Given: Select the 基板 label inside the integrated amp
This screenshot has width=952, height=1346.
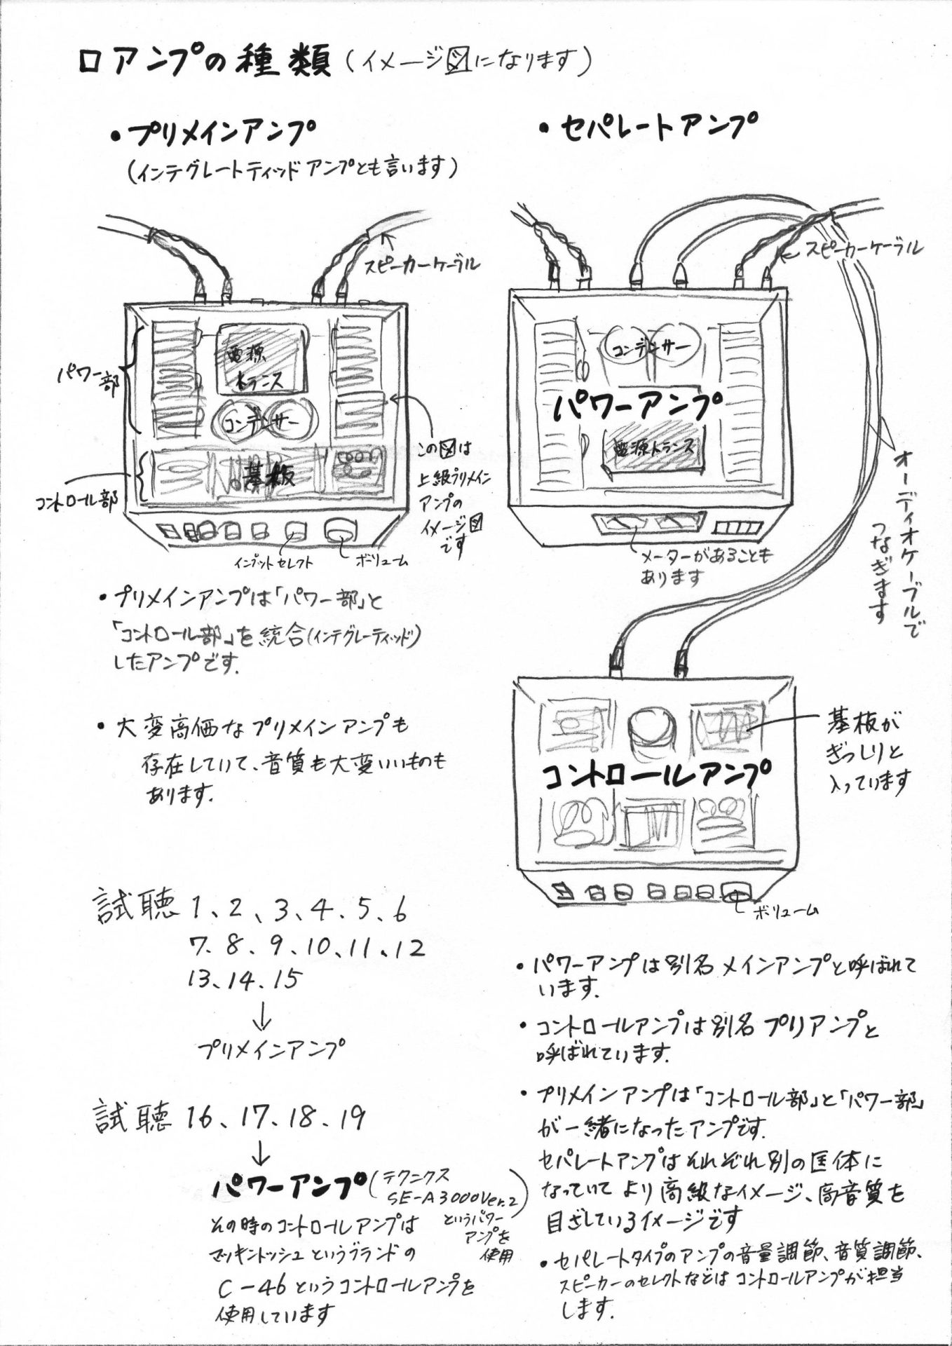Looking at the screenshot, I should [x=270, y=476].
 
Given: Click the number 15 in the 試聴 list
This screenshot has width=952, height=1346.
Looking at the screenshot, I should [x=285, y=979].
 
